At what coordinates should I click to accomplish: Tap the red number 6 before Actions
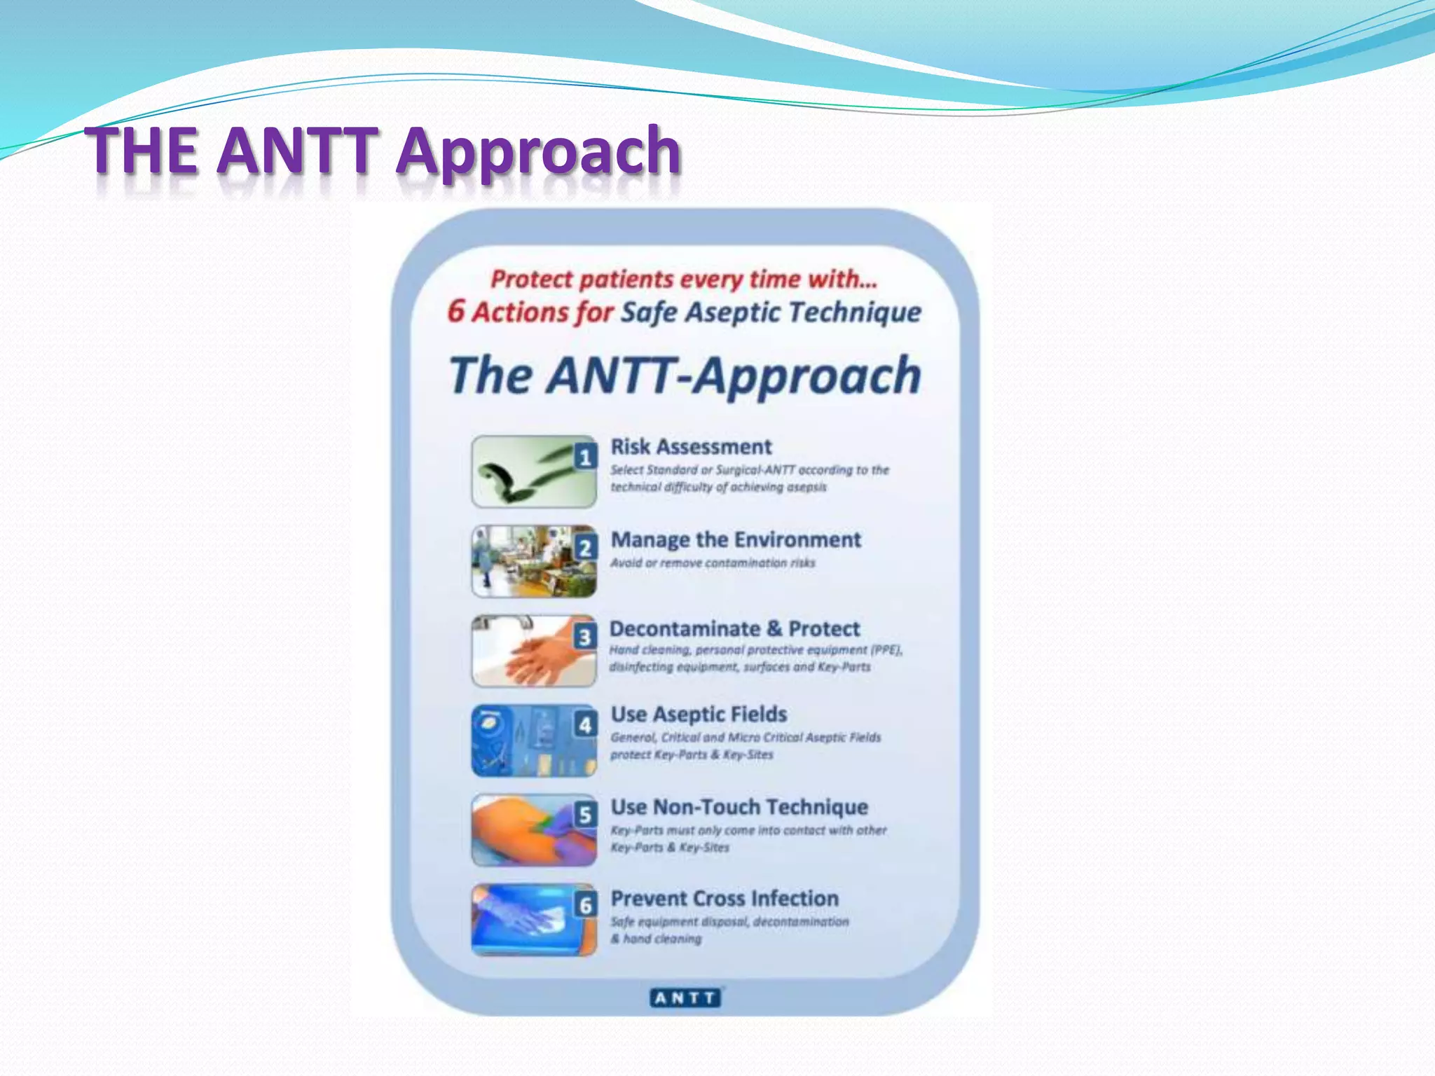pyautogui.click(x=456, y=311)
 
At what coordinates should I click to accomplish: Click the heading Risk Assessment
pyautogui.click(x=691, y=447)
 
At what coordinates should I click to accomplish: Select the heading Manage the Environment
pyautogui.click(x=736, y=539)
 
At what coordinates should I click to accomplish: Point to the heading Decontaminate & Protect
pyautogui.click(x=734, y=628)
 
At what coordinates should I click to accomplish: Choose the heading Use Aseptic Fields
pyautogui.click(x=699, y=715)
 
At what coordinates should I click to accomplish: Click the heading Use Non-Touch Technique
pyautogui.click(x=739, y=807)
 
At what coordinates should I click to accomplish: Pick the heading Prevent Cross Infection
pyautogui.click(x=725, y=898)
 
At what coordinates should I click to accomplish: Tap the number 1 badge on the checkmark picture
pyautogui.click(x=585, y=457)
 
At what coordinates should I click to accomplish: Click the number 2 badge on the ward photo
pyautogui.click(x=585, y=547)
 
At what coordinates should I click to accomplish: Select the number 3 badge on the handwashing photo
pyautogui.click(x=585, y=637)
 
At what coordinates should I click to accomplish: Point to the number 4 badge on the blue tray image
pyautogui.click(x=585, y=724)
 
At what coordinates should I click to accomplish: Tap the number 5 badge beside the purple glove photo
pyautogui.click(x=585, y=815)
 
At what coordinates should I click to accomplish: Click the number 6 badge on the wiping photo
pyautogui.click(x=585, y=905)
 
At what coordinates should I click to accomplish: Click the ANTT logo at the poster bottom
pyautogui.click(x=685, y=998)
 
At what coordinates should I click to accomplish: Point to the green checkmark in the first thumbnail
pyautogui.click(x=519, y=475)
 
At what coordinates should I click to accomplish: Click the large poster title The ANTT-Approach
pyautogui.click(x=685, y=375)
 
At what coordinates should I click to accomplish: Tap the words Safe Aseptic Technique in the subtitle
pyautogui.click(x=771, y=312)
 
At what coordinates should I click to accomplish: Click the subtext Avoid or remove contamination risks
pyautogui.click(x=713, y=563)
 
